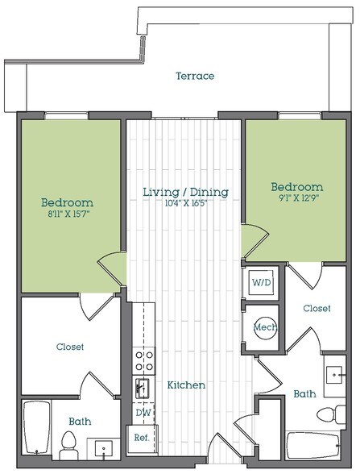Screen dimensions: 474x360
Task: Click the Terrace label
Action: pyautogui.click(x=195, y=77)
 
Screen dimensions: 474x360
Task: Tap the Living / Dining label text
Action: pyautogui.click(x=185, y=192)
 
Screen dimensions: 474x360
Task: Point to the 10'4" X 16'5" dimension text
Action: pyautogui.click(x=186, y=206)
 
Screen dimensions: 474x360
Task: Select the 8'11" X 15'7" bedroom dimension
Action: pyautogui.click(x=68, y=215)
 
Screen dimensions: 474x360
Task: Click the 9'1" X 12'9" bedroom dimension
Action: pyautogui.click(x=296, y=199)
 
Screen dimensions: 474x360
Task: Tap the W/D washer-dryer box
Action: pyautogui.click(x=262, y=284)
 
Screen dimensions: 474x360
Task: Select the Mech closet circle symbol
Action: pyautogui.click(x=262, y=327)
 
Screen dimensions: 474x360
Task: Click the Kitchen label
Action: pyautogui.click(x=186, y=385)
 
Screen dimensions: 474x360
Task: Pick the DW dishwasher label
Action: pyautogui.click(x=143, y=413)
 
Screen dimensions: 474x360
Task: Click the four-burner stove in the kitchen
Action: pyautogui.click(x=143, y=360)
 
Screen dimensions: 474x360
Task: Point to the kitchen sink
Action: pyautogui.click(x=143, y=389)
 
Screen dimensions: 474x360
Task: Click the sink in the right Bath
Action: pyautogui.click(x=334, y=376)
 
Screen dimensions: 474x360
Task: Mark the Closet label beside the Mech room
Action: pyautogui.click(x=316, y=308)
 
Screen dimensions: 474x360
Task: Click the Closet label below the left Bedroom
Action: pyautogui.click(x=69, y=347)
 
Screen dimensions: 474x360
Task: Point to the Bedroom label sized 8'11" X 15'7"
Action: pyautogui.click(x=68, y=202)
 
